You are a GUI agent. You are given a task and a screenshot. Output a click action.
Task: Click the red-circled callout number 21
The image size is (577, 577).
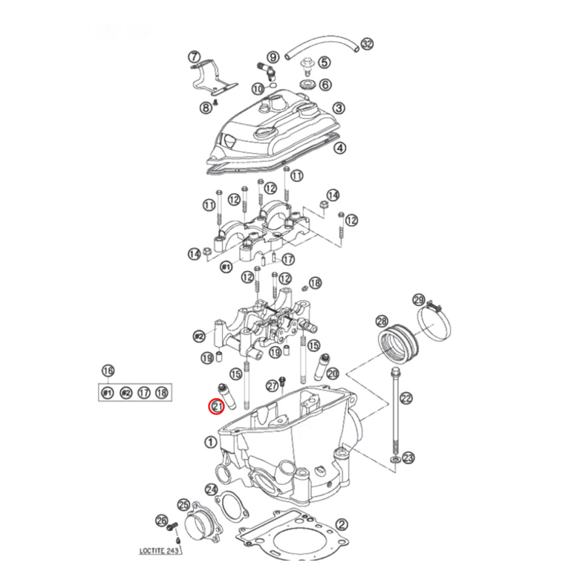[216, 407]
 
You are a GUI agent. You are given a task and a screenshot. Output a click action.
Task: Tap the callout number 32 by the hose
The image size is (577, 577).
[368, 44]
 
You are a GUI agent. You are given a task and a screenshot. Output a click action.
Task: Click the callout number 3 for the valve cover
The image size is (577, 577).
[339, 108]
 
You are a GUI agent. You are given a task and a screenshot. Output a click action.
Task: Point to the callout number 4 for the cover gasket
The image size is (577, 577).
[340, 148]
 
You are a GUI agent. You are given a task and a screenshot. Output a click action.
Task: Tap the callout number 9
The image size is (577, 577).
[273, 57]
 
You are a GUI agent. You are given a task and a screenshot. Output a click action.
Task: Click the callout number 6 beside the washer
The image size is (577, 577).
[326, 85]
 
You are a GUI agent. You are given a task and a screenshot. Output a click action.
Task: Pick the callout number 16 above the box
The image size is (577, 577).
[107, 370]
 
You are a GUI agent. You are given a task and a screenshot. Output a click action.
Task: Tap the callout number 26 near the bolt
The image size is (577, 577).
[162, 521]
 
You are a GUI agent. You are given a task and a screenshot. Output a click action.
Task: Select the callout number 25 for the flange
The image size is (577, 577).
[183, 505]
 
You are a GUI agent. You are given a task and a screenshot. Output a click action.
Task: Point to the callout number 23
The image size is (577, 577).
[409, 458]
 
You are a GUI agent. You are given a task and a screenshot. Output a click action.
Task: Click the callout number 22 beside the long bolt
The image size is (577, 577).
[407, 398]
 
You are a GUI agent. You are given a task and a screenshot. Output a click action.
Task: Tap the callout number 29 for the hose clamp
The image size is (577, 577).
[419, 299]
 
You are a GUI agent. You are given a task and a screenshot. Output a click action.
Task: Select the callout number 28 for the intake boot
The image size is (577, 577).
[381, 321]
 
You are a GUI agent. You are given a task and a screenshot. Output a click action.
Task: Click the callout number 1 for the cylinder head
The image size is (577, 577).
[210, 443]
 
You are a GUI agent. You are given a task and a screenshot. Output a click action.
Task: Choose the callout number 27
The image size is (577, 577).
[272, 386]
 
